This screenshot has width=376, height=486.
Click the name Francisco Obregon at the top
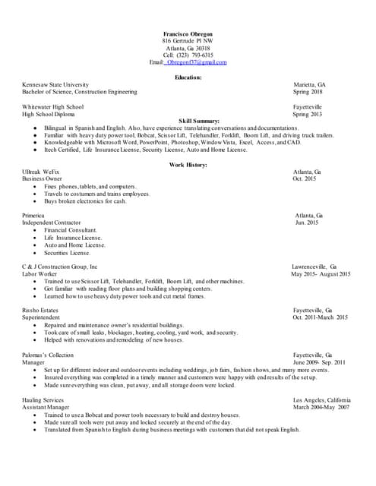(x=188, y=33)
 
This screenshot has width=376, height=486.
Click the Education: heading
(x=188, y=77)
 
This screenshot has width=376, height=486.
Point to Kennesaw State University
(x=55, y=84)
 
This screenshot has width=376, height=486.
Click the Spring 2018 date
(x=308, y=92)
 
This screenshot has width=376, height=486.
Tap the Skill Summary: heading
(x=199, y=121)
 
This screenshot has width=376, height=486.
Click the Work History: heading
(x=188, y=165)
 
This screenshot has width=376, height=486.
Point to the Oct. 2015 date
(x=305, y=179)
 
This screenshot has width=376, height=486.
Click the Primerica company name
(x=35, y=216)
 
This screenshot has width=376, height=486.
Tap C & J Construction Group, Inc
(x=60, y=267)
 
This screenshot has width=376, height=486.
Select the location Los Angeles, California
(x=322, y=399)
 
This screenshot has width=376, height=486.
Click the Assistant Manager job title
(x=46, y=407)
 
